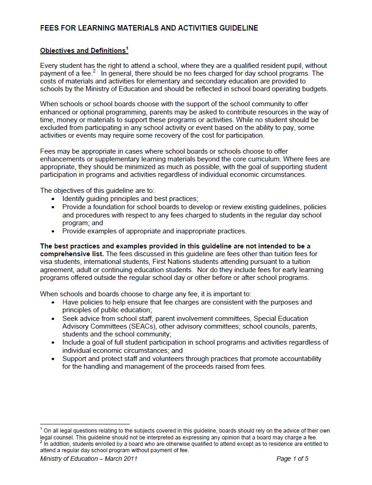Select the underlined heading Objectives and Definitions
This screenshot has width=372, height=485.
click(82, 51)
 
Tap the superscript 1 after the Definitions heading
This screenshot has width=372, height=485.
click(127, 48)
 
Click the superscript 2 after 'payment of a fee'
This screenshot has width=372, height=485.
click(94, 71)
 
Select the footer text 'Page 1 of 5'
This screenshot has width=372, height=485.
click(292, 459)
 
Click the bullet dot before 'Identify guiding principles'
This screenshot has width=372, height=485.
click(54, 199)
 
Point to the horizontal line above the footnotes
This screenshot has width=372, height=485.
click(85, 424)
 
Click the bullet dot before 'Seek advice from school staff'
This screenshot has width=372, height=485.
click(54, 319)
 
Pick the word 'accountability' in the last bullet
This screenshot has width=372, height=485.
click(300, 359)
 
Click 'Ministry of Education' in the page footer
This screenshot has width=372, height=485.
click(69, 459)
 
